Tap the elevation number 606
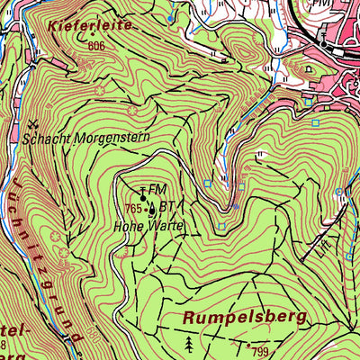98,46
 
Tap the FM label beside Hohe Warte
158,189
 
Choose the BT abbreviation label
166,206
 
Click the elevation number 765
135,209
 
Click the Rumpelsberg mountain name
244,317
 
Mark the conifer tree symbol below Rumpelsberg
189,344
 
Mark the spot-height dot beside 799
248,344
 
